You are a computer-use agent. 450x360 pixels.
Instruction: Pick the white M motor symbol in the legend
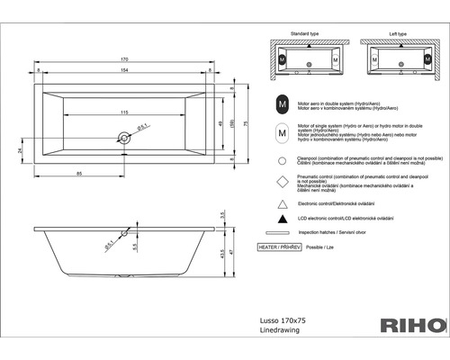tap(283, 133)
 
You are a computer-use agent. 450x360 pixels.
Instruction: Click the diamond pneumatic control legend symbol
tap(283, 181)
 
